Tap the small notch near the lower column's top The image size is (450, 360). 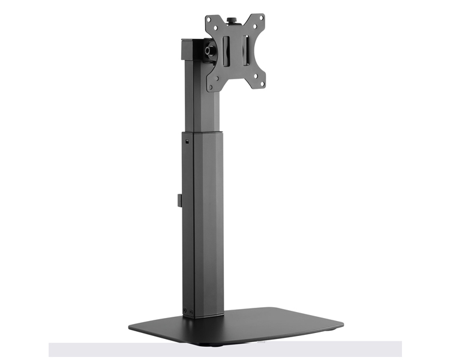(x=187, y=142)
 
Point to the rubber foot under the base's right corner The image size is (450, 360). (x=329, y=329)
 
